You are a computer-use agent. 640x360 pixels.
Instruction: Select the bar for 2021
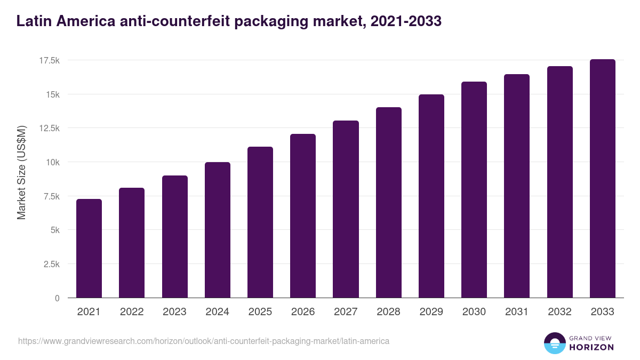point(89,248)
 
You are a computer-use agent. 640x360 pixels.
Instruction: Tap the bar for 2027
point(346,209)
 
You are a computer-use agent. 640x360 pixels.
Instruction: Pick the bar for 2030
point(474,189)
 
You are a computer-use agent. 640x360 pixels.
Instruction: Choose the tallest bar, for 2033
point(602,179)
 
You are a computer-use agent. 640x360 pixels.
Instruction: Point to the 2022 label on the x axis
point(132,312)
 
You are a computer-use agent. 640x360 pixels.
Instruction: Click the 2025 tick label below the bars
point(260,312)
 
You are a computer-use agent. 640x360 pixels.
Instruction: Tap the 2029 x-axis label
point(431,312)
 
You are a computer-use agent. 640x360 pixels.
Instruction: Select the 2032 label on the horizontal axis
point(559,312)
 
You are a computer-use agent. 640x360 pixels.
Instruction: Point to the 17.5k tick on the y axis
point(49,61)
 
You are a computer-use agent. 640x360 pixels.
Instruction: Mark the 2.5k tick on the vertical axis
point(51,264)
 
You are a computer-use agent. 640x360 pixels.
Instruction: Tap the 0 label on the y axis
point(57,298)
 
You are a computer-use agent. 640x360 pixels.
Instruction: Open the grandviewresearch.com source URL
point(204,341)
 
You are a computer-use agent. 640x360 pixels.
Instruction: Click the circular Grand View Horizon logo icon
point(554,343)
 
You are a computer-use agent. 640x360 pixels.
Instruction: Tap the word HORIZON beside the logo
point(591,347)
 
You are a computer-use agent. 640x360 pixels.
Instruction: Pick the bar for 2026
point(303,216)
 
